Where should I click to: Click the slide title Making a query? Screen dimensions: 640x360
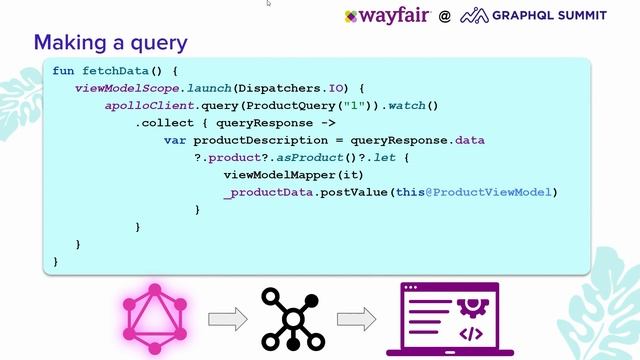tap(110, 43)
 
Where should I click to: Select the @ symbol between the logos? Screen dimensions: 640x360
tap(444, 16)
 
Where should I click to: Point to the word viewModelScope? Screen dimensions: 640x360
tap(119, 88)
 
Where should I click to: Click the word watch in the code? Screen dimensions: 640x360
tap(409, 106)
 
